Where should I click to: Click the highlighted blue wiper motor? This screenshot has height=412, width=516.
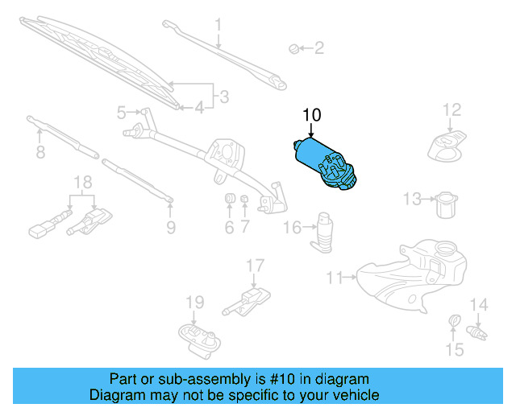[x=326, y=164]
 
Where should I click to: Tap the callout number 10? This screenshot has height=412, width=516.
[x=311, y=115]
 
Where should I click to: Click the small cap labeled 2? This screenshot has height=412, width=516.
[x=293, y=50]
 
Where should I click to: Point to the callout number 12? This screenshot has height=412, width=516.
[x=451, y=109]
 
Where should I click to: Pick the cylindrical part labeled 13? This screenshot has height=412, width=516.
[x=445, y=204]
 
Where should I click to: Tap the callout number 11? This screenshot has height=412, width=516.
[x=335, y=278]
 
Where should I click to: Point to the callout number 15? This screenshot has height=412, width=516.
[x=456, y=349]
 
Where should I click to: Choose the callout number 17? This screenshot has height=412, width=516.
[x=255, y=265]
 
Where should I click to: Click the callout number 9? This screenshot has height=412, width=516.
[x=170, y=228]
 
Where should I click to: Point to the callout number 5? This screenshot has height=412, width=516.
[x=122, y=112]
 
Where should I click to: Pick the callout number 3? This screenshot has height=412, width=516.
[x=223, y=97]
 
